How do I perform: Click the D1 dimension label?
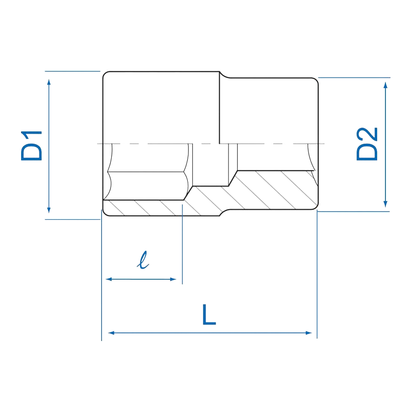coord(32,146)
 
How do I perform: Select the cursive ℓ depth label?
coord(143,260)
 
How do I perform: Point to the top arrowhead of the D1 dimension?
coord(49,82)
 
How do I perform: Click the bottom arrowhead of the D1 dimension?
coord(49,210)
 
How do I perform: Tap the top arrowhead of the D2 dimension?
coord(385,85)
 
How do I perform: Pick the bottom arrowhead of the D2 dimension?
coord(385,204)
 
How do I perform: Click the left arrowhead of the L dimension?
coord(111,333)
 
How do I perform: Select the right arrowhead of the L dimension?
coord(309,333)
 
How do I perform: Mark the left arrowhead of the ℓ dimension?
coord(109,279)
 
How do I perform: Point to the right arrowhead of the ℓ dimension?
coord(173,279)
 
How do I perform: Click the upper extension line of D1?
coord(72,71)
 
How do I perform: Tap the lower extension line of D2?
coord(353,211)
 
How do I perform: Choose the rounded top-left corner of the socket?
coord(106,74)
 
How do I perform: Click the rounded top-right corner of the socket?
coord(315,81)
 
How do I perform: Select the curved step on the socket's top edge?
coord(224,75)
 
